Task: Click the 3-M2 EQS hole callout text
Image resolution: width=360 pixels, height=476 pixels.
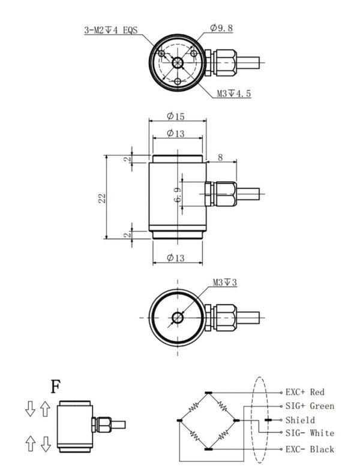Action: pyautogui.click(x=111, y=30)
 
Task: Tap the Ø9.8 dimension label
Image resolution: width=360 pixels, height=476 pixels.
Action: pyautogui.click(x=221, y=28)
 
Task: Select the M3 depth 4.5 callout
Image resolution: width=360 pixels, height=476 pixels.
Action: pyautogui.click(x=234, y=93)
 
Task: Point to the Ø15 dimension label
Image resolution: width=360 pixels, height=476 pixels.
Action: pyautogui.click(x=176, y=116)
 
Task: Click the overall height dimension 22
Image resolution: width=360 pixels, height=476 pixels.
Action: pyautogui.click(x=103, y=198)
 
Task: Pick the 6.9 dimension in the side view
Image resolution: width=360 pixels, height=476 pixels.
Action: pyautogui.click(x=178, y=195)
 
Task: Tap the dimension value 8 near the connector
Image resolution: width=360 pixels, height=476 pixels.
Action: pyautogui.click(x=220, y=157)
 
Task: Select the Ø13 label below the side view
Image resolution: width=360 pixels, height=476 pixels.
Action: pyautogui.click(x=176, y=258)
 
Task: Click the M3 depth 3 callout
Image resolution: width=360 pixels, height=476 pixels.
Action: pyautogui.click(x=224, y=282)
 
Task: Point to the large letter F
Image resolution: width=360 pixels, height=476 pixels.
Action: pyautogui.click(x=56, y=387)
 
